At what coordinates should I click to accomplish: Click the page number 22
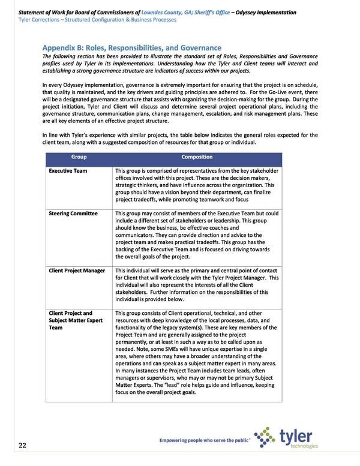point(22,445)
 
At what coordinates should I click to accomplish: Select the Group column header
point(79,157)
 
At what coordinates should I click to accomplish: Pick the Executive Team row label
point(68,171)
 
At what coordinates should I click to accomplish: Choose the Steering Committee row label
point(73,214)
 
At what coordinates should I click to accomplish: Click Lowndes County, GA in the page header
point(183,12)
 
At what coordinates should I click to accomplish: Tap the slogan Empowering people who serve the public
point(204,440)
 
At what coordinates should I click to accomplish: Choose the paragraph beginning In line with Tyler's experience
point(180,139)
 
